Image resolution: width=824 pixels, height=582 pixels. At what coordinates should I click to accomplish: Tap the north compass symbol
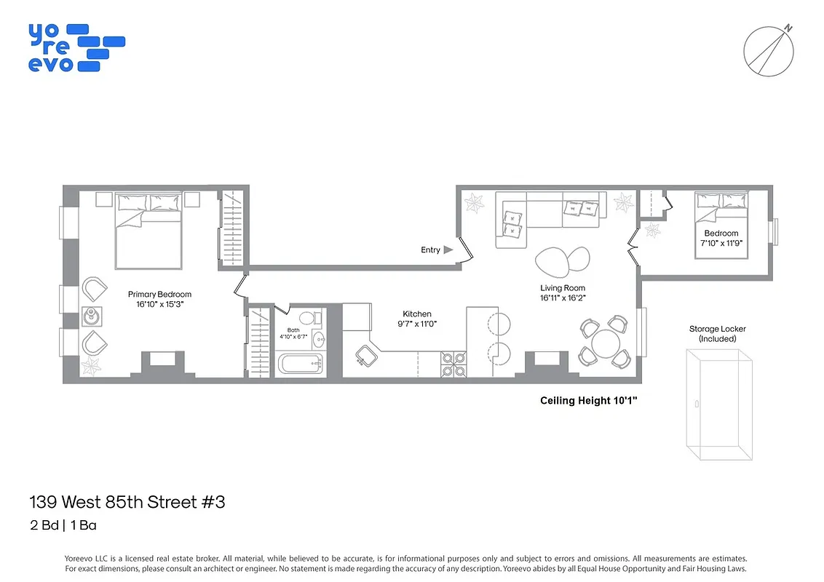[768, 52]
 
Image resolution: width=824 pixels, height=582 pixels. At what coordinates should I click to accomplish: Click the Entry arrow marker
[448, 250]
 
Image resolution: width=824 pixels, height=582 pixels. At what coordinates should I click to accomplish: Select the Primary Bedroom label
[159, 295]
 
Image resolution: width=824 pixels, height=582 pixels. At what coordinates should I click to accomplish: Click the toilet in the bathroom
[307, 317]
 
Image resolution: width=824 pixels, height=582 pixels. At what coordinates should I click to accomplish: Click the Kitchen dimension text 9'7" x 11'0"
[417, 324]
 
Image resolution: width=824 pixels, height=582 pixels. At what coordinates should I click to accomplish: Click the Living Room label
[563, 288]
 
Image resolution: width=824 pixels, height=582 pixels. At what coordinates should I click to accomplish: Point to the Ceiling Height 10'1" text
[588, 400]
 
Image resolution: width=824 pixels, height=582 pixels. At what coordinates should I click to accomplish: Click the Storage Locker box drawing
[717, 403]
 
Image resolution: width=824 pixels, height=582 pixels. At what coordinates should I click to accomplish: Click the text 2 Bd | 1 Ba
[64, 525]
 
